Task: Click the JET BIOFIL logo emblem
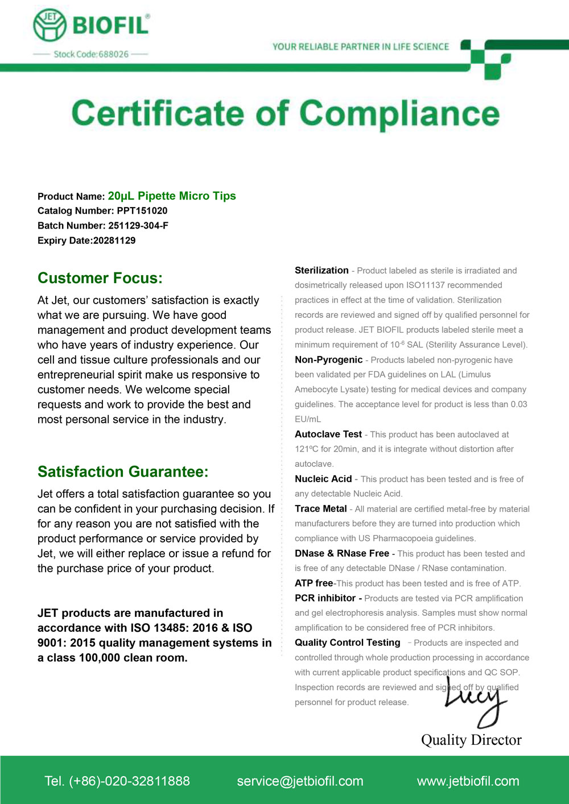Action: (50, 26)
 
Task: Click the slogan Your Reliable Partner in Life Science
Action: (360, 47)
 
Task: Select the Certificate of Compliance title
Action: (285, 114)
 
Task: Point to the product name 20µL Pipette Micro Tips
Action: (172, 196)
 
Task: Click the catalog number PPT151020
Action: (142, 211)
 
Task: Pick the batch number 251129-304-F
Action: (138, 226)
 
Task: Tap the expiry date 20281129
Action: (114, 241)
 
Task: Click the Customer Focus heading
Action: (100, 278)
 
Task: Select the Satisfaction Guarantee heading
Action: (123, 472)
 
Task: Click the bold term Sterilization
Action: (321, 271)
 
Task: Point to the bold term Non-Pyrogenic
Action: (328, 360)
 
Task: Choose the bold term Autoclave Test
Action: (328, 434)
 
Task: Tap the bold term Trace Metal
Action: (320, 509)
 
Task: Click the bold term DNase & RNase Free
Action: (342, 553)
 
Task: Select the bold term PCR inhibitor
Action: (325, 598)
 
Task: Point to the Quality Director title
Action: (471, 740)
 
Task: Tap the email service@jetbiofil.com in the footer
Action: (300, 781)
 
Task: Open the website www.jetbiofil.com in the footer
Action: (468, 781)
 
